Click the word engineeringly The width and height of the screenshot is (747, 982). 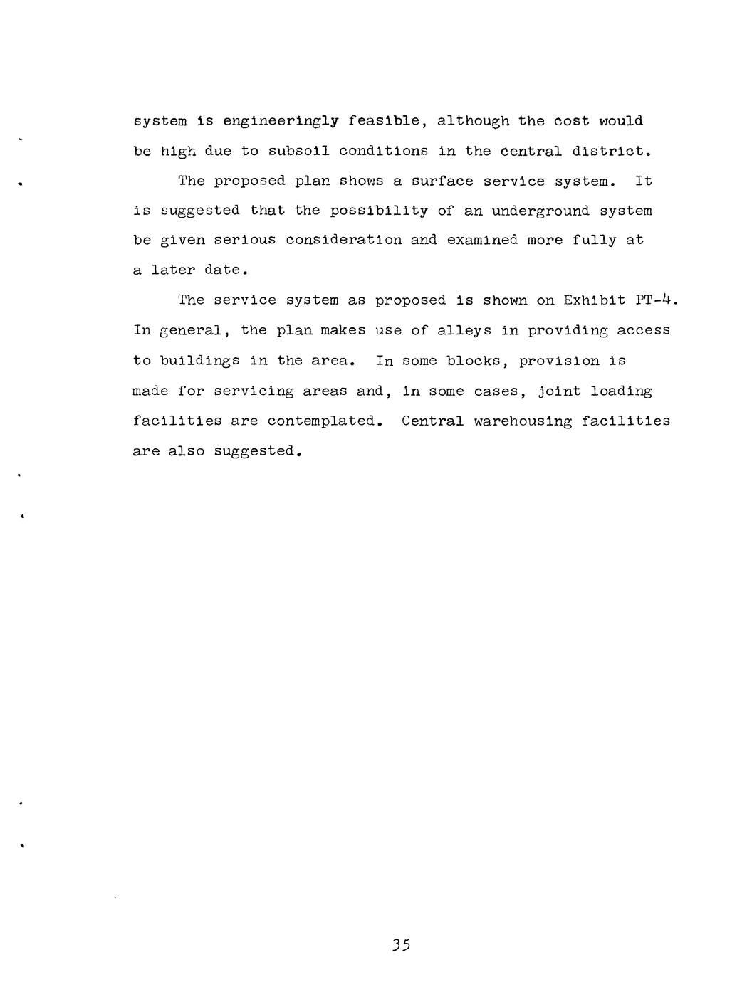pos(281,122)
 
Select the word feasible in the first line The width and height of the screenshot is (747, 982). pos(387,121)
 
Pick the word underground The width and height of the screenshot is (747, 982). pos(540,211)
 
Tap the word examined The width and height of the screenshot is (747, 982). pos(482,241)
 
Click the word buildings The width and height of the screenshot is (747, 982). pos(200,361)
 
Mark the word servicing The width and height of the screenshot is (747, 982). pos(254,391)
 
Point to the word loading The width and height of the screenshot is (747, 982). pos(621,391)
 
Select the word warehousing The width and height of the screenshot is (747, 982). pos(523,421)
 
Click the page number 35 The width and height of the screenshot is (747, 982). pos(402,945)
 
